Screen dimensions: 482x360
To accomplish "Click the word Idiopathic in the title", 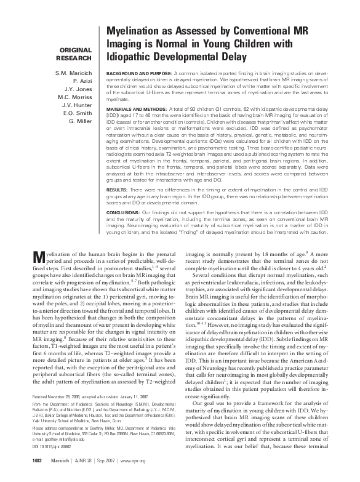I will pyautogui.click(x=130, y=56).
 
